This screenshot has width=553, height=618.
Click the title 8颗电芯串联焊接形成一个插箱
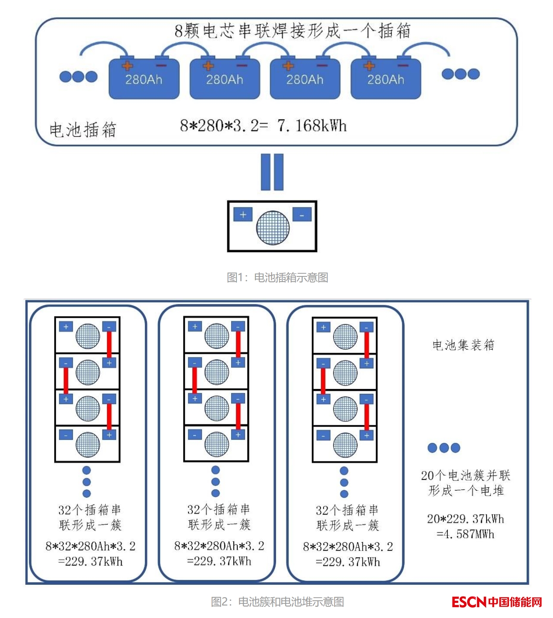coord(292,31)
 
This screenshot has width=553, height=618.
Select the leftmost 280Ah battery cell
coord(144,79)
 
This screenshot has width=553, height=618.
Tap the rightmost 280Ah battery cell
coord(386,79)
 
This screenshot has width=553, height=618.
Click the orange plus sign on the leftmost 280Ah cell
coord(127,66)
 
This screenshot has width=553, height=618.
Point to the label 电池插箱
coord(83,129)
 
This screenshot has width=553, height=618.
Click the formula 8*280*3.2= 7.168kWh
coord(263,125)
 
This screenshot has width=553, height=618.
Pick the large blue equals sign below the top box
coord(272,172)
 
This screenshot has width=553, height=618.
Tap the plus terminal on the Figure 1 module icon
coord(243,214)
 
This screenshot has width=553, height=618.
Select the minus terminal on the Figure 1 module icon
coord(302,214)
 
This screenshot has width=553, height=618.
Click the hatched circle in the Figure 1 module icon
coord(273,227)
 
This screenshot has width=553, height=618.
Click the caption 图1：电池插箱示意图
coord(277,277)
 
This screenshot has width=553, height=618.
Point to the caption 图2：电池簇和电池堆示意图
coord(277,602)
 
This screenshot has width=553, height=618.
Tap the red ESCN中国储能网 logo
coord(496,602)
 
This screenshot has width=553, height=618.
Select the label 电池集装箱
coord(463,345)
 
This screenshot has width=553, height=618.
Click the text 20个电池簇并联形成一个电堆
coord(466,483)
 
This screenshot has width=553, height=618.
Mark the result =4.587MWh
coord(465,534)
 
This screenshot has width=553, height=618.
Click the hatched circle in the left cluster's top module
coord(88,336)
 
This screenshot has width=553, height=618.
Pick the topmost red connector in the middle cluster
coord(238,344)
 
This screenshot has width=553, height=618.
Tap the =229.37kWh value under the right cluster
coord(348,562)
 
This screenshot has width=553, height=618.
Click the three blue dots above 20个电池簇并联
coord(444,448)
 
